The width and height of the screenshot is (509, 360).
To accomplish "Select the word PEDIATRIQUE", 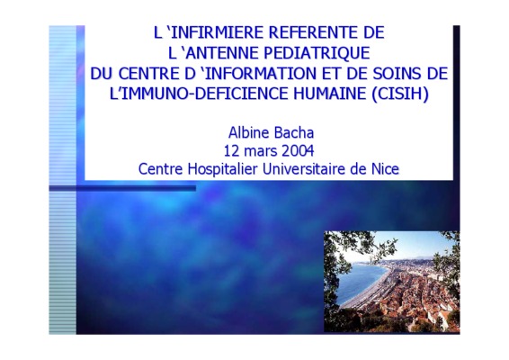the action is [317, 53].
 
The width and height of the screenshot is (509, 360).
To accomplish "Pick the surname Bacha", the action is [294, 133].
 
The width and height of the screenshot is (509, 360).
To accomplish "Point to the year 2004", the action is [298, 151].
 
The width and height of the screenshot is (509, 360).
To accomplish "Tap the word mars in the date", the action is [260, 152].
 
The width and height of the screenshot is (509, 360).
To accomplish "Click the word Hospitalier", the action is [222, 169].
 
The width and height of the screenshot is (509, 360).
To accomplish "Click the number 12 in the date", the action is [231, 151].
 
